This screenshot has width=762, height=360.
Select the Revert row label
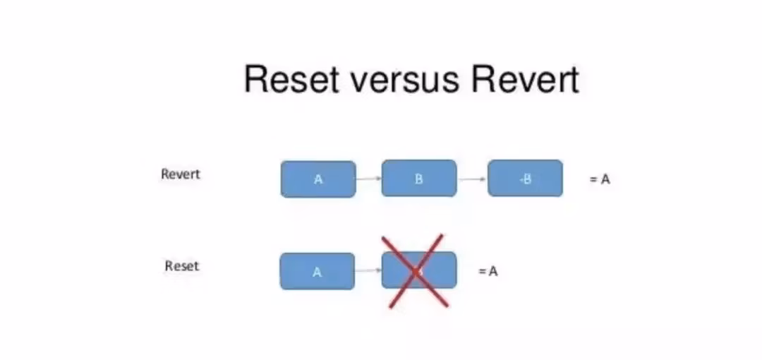pyautogui.click(x=181, y=174)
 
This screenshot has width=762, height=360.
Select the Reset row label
pyautogui.click(x=182, y=266)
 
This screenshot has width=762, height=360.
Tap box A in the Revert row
pyautogui.click(x=318, y=179)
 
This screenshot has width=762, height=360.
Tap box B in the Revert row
pyautogui.click(x=419, y=179)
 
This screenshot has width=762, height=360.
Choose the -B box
pyautogui.click(x=525, y=179)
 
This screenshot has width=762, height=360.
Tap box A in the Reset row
pyautogui.click(x=317, y=271)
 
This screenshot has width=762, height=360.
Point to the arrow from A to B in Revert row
pyautogui.click(x=369, y=179)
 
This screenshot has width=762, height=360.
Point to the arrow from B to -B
pyautogui.click(x=472, y=179)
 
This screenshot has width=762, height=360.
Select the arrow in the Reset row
pyautogui.click(x=368, y=270)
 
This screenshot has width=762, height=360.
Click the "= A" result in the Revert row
pyautogui.click(x=600, y=179)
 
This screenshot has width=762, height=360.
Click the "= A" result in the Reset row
pyautogui.click(x=488, y=271)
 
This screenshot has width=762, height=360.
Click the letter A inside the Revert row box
pyautogui.click(x=318, y=179)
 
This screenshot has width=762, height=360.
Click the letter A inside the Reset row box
pyautogui.click(x=317, y=272)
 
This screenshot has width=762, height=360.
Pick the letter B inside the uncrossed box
pyautogui.click(x=419, y=179)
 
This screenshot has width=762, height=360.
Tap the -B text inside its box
pyautogui.click(x=525, y=179)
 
